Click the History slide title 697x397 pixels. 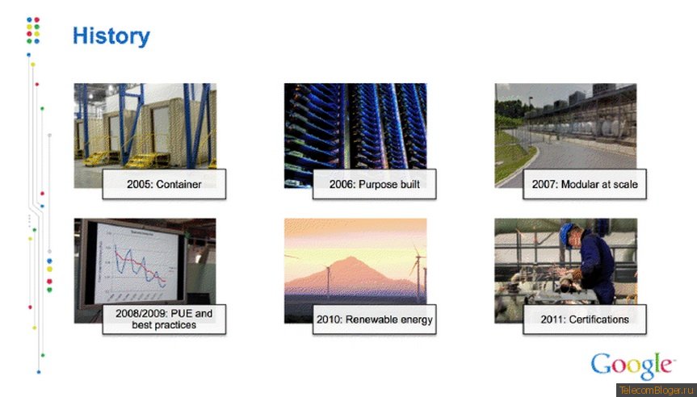coord(111,36)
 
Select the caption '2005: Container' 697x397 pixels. coord(164,184)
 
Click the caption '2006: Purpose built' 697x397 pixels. coord(374,184)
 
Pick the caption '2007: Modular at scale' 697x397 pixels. coord(585,184)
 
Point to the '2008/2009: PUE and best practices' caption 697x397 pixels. coord(164,320)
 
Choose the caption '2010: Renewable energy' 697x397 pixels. coord(374,320)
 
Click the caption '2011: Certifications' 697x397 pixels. coord(585,320)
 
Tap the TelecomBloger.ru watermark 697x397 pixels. coord(656,390)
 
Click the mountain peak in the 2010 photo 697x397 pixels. coord(351,257)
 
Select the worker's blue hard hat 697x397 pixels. coord(565,232)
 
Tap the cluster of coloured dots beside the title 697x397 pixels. coord(33,30)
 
